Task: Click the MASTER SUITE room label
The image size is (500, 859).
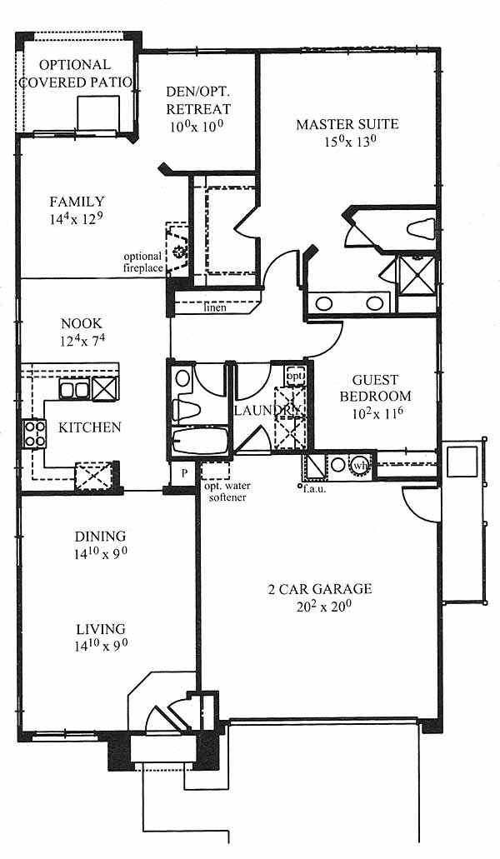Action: pos(347,124)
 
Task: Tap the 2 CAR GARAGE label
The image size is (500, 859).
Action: pos(320,589)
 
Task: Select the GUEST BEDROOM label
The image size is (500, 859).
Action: pos(375,388)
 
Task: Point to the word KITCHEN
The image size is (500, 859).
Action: pos(90,427)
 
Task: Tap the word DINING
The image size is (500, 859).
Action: pos(100,536)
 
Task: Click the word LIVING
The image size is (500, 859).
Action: pos(101,629)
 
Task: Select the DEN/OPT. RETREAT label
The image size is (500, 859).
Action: pos(198,101)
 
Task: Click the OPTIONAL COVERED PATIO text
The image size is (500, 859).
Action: pos(76,73)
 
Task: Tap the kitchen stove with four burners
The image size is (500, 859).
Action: pos(34,433)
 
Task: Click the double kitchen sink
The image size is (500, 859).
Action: pos(74,390)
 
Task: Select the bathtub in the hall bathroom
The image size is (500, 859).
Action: pos(200,441)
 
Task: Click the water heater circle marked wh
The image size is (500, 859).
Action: pos(360,465)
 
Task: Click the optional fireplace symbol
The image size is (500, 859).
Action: pos(177,250)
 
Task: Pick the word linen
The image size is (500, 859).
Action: pos(215,307)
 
